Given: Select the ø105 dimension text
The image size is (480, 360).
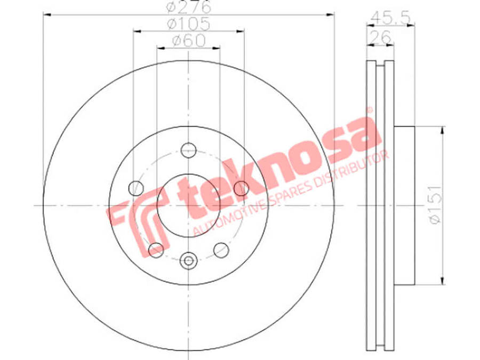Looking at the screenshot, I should coord(188,25).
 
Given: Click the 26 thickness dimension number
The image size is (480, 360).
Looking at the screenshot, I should coord(380,37).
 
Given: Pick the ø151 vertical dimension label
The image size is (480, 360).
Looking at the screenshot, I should coord(435,205).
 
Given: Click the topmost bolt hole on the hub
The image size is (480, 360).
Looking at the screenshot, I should coord(188,150).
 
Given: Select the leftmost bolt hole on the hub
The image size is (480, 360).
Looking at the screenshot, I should coord(137,188).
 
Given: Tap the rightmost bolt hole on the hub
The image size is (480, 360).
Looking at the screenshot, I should coord(242,187).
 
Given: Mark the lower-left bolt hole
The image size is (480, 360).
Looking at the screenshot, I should coord(156,248).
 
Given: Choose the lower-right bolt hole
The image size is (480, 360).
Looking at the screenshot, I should coord(220,249).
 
